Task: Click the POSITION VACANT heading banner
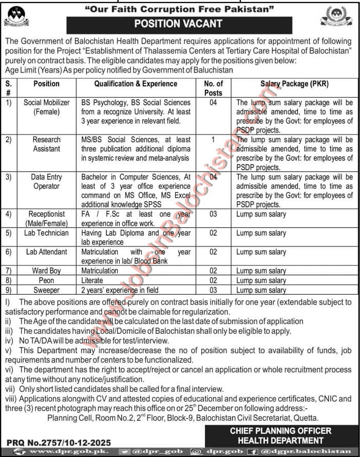[179, 24]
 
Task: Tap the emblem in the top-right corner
[336, 16]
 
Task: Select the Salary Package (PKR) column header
[294, 84]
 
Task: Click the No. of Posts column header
[213, 88]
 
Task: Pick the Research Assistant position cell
[47, 144]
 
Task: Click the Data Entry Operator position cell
[47, 181]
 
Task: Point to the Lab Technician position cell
[47, 233]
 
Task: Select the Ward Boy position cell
[47, 271]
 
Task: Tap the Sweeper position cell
[47, 290]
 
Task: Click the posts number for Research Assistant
[213, 139]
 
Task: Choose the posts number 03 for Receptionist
[213, 214]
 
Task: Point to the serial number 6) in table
[9, 252]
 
